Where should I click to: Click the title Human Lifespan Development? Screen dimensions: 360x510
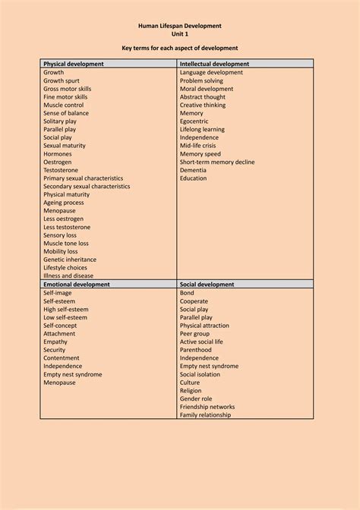(x=180, y=25)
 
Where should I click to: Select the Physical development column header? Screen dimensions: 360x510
(x=74, y=65)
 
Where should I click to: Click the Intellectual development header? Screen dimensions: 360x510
(x=215, y=65)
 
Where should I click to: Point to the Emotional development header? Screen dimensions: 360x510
(x=77, y=284)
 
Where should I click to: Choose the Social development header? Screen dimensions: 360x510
(x=207, y=284)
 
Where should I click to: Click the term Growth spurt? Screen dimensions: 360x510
(x=64, y=80)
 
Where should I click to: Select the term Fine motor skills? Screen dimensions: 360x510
(x=65, y=97)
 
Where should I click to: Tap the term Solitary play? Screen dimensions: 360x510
(x=60, y=121)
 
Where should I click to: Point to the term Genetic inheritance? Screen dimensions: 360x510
(x=70, y=259)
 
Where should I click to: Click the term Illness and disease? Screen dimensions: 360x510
(x=68, y=275)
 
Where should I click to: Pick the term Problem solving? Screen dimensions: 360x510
(x=203, y=80)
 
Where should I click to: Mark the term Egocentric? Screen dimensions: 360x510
(x=196, y=121)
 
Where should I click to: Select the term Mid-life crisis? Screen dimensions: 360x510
(x=198, y=146)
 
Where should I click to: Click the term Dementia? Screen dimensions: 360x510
(x=194, y=170)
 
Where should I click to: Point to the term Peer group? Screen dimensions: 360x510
(x=194, y=333)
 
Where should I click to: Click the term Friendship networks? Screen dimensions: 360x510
(x=207, y=407)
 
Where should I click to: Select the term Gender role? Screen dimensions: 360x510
(x=196, y=398)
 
